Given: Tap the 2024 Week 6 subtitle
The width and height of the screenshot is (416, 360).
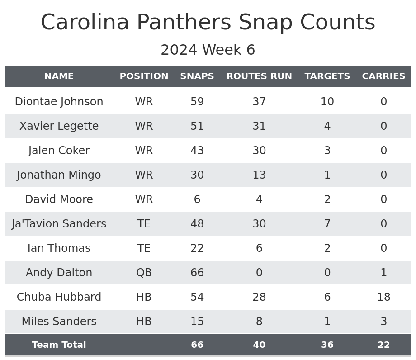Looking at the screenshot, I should pos(208,50).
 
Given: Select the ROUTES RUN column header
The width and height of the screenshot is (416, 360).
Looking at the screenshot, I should pos(259,76).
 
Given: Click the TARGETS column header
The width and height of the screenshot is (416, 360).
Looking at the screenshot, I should pos(327,76).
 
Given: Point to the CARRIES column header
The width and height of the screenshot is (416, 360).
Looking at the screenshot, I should pos(383,76).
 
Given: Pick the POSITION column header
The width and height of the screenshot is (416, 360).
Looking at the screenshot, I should pos(144,76).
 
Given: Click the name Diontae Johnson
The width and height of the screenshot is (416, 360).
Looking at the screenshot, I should pos(59,102).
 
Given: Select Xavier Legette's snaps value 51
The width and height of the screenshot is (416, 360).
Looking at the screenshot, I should pos(197,126).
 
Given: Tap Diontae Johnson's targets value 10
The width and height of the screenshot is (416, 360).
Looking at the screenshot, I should pos(327,102).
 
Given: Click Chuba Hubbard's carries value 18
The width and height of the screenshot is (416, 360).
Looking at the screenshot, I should pos(383,297).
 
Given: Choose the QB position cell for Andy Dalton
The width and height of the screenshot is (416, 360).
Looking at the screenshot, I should pos(144,273).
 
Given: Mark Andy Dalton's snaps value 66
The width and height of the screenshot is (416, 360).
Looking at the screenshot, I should pos(197,273).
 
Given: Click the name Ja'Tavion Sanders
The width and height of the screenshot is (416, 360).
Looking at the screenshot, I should pos(59,224).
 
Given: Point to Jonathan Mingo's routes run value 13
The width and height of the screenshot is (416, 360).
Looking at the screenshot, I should pos(259,175).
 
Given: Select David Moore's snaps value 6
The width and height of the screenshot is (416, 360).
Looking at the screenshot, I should pos(197,199).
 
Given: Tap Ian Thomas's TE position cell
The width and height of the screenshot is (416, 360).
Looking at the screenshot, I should pos(144,248).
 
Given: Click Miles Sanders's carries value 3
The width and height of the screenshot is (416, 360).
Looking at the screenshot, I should pos(383,322).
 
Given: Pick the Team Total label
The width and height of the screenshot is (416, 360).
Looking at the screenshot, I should pos(59,345).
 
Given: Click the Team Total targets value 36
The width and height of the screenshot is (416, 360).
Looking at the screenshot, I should pos(327,345).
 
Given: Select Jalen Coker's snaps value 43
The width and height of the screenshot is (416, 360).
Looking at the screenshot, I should pos(197,151).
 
